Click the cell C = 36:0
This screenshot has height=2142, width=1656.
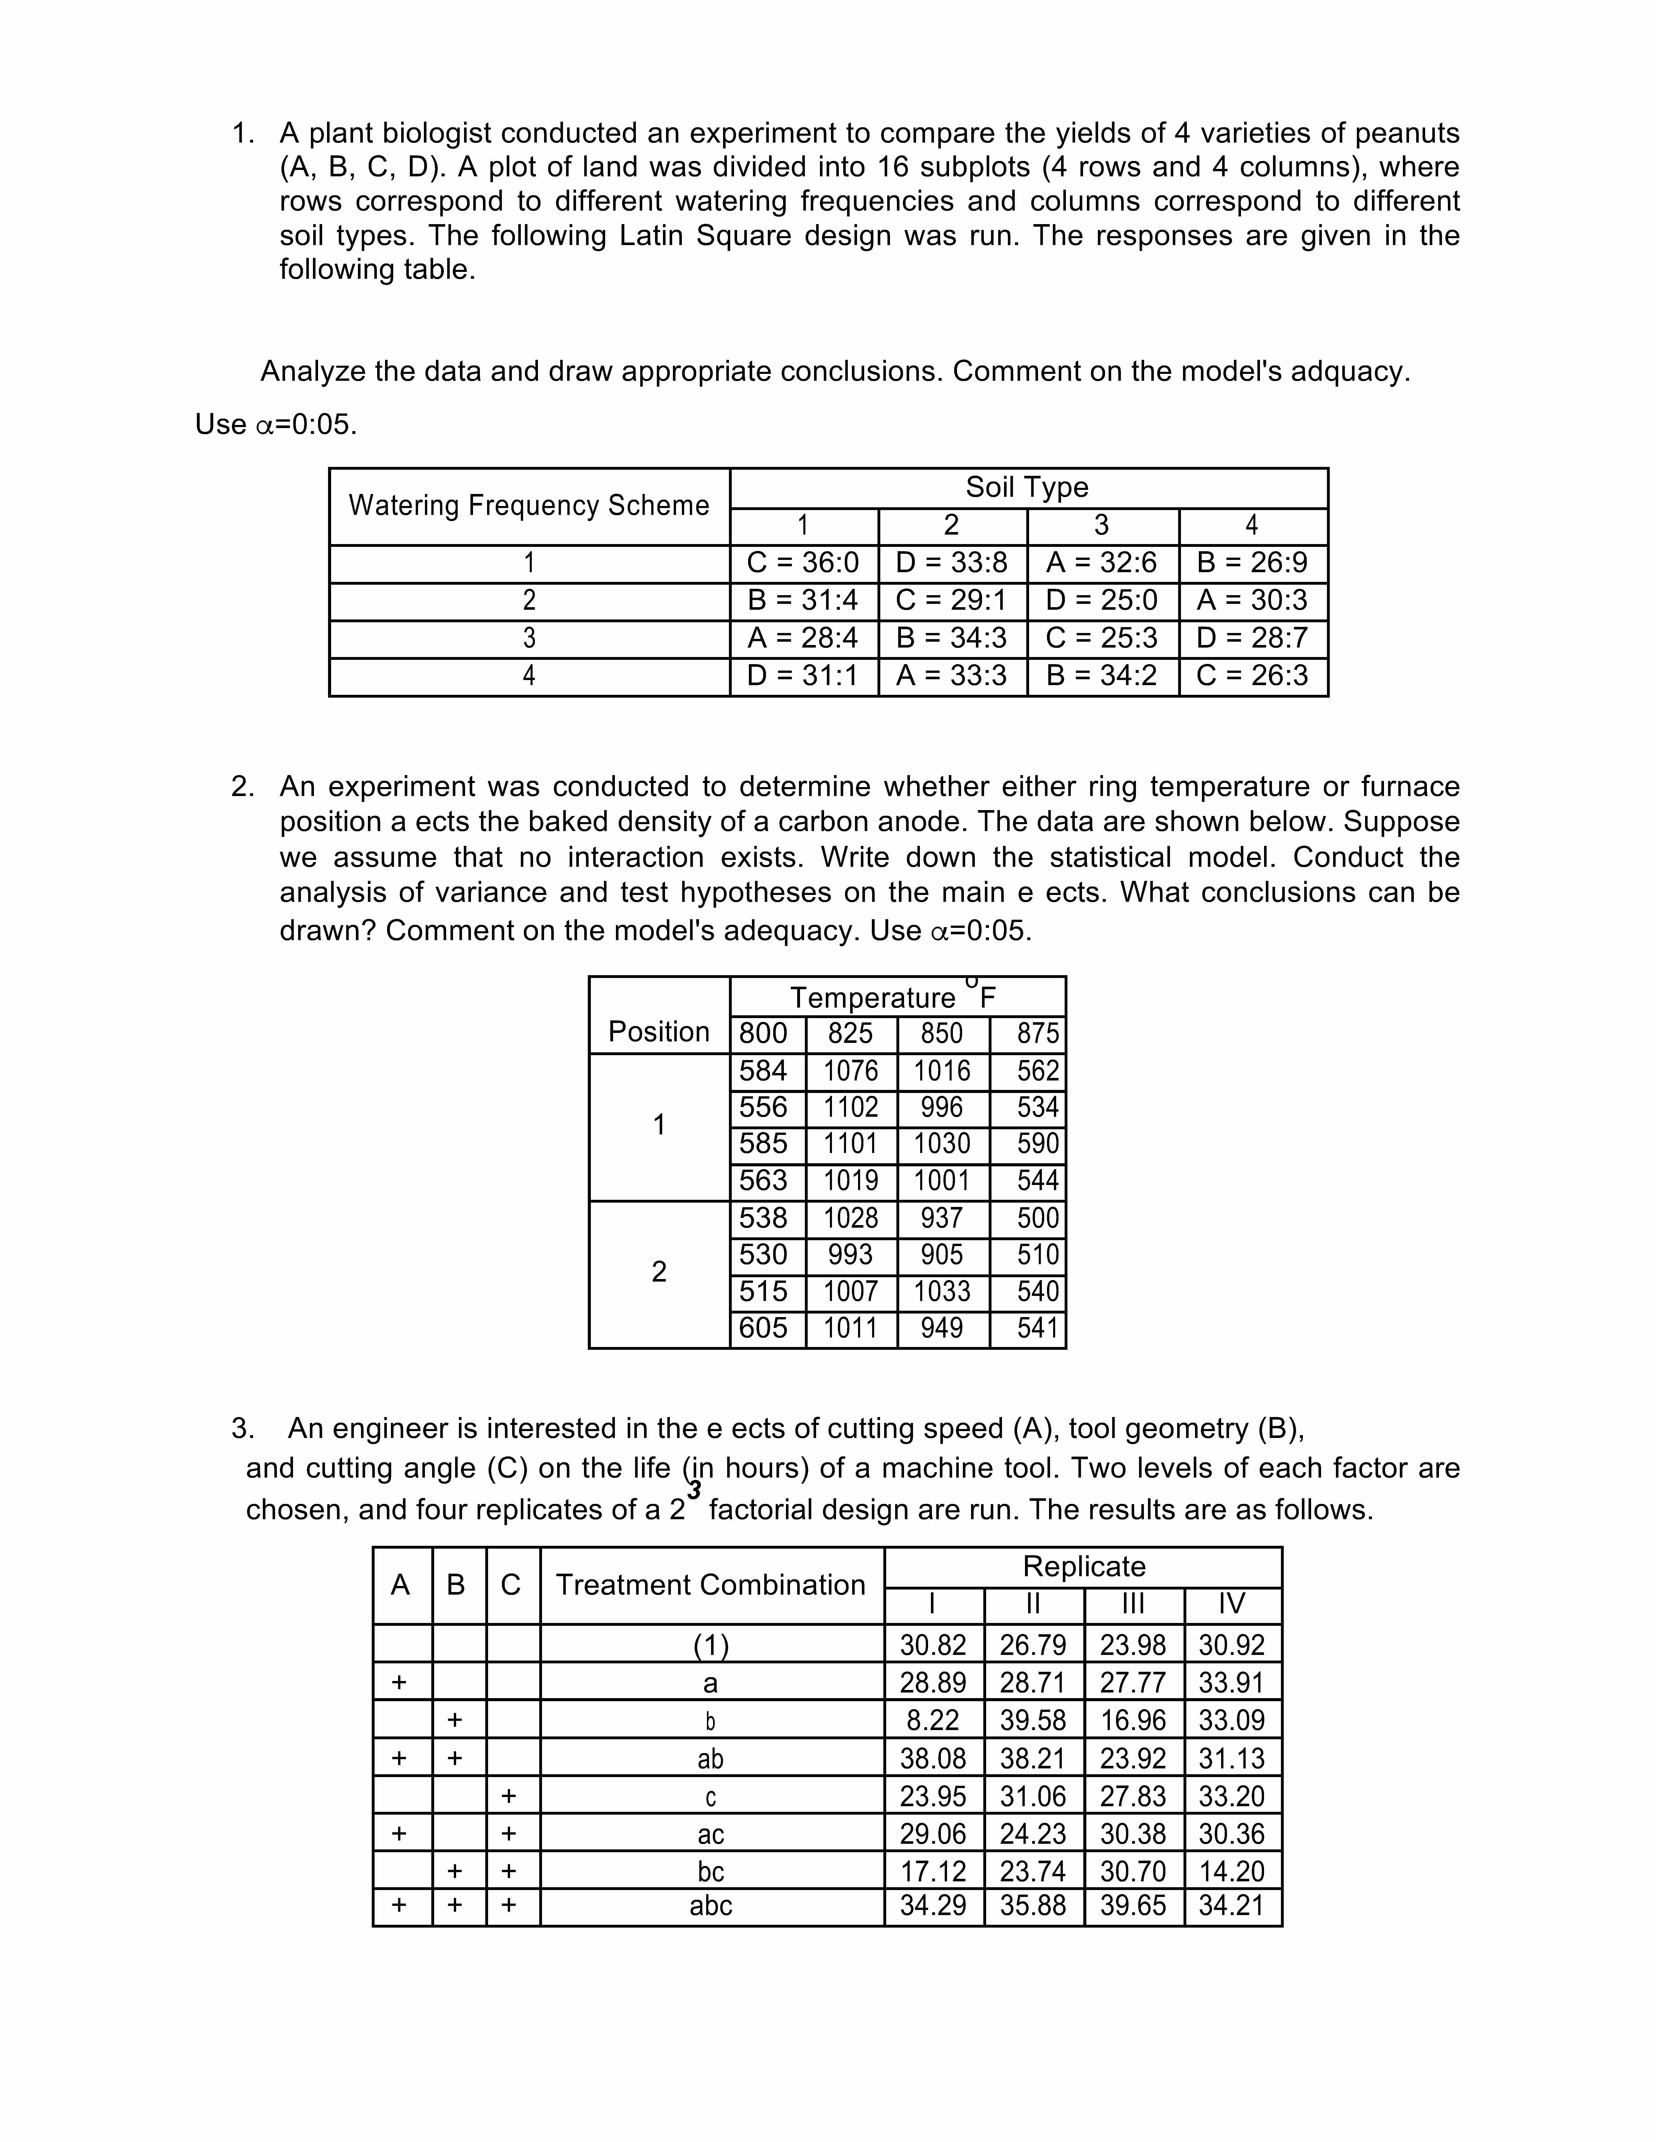click(x=803, y=563)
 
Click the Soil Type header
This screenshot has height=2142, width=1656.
click(x=1027, y=487)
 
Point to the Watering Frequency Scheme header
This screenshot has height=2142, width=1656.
click(x=529, y=506)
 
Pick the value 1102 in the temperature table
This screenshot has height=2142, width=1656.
click(x=851, y=1107)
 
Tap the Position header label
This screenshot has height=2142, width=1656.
click(x=658, y=1032)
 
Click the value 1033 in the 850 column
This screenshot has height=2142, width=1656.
click(x=942, y=1292)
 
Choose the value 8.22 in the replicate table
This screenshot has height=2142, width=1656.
click(x=933, y=1720)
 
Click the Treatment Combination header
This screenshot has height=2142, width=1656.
click(x=710, y=1585)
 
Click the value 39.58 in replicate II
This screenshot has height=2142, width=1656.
click(x=1033, y=1720)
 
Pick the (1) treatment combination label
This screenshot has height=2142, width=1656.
click(x=710, y=1645)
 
